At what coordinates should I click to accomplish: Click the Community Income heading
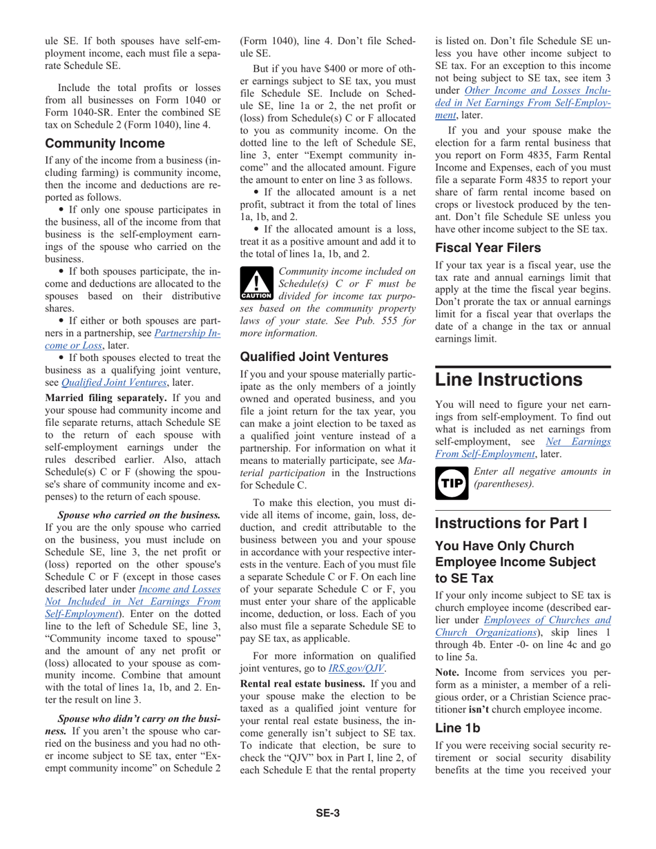(105, 144)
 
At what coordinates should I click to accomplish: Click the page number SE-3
(327, 832)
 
